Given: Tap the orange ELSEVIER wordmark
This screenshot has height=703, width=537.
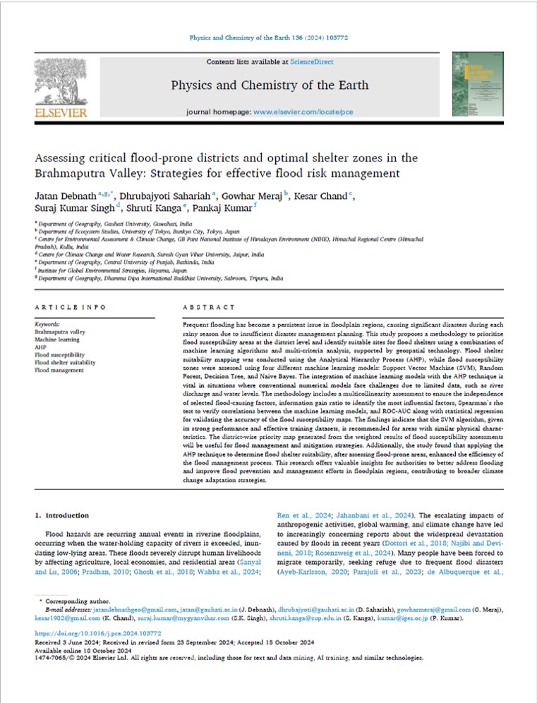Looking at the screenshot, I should (x=60, y=112).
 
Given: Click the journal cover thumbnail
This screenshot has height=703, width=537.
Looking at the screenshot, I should (x=476, y=85).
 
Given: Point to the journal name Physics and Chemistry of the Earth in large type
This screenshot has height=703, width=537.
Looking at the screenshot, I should (x=270, y=86).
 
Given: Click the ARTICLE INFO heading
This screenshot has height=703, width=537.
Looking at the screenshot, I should (x=70, y=307).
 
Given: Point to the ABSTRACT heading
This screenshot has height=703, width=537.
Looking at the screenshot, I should (x=208, y=307).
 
